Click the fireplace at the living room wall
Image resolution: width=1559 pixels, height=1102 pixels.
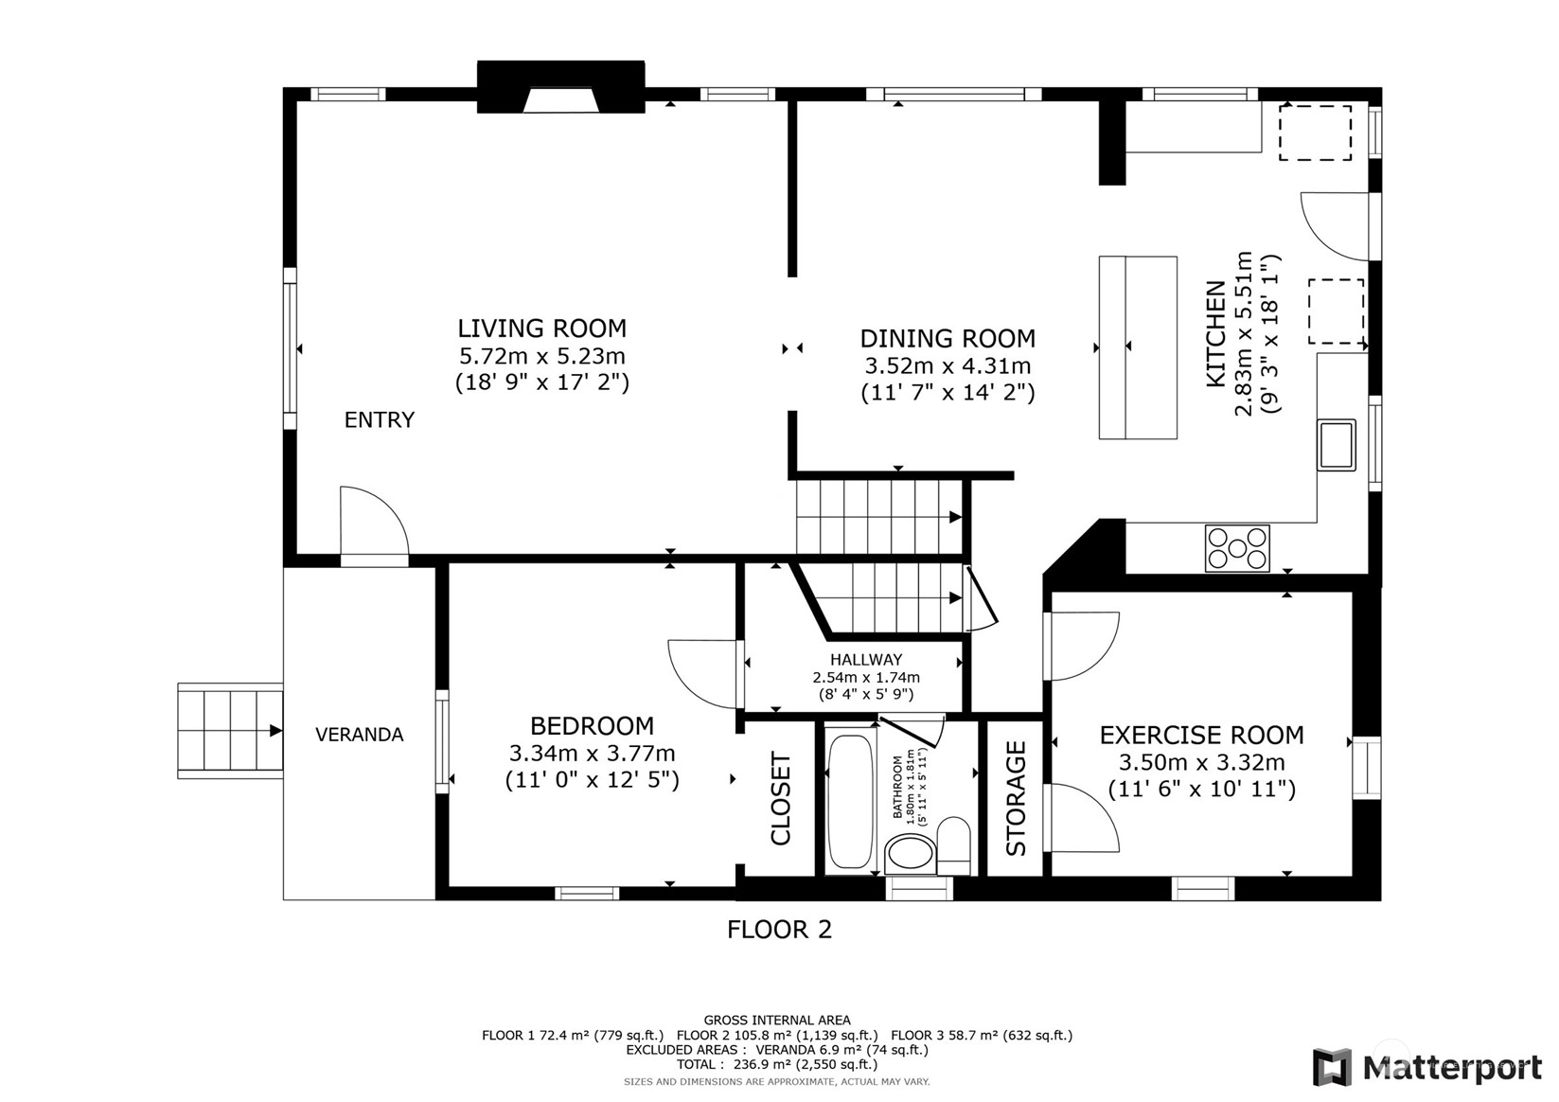point(561,87)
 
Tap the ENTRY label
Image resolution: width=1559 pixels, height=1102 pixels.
point(380,419)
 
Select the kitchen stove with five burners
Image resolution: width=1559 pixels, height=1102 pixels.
point(1237,548)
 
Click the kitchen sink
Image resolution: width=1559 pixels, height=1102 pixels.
point(1337,445)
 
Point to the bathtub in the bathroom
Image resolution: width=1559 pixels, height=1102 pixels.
point(850,796)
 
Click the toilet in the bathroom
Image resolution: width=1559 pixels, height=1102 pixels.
point(953,846)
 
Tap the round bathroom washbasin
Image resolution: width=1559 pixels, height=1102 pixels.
point(911,853)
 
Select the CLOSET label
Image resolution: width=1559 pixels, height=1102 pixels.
point(780,798)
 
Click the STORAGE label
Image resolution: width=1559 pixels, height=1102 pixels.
point(1016,798)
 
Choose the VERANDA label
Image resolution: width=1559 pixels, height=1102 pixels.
point(359,735)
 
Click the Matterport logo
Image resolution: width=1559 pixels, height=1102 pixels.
point(1426,1067)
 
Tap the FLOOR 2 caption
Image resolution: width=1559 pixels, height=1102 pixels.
point(780,930)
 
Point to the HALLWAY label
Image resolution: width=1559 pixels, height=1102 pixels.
point(866,659)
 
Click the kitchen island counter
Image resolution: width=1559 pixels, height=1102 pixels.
point(1138,347)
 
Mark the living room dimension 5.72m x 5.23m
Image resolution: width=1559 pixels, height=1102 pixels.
point(542,356)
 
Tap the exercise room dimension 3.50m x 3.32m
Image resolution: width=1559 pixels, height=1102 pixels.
point(1201,762)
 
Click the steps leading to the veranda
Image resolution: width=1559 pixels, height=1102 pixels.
point(230,730)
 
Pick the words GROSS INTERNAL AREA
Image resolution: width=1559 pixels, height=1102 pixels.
point(777,1021)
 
